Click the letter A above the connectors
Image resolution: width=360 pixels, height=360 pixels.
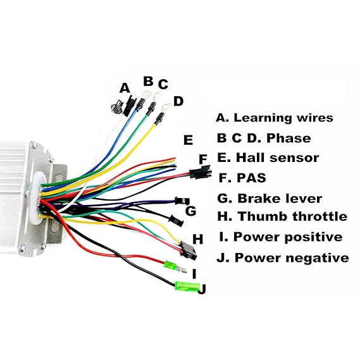[124, 87]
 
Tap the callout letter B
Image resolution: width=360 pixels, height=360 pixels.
[148, 81]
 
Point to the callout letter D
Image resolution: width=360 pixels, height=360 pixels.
[178, 101]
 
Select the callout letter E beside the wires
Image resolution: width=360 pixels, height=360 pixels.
[188, 140]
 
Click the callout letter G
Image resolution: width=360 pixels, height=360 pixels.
[190, 211]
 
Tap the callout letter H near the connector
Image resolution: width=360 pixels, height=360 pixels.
[197, 239]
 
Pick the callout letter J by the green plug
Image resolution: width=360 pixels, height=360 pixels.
[202, 289]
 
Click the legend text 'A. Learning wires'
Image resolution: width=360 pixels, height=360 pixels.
[275, 118]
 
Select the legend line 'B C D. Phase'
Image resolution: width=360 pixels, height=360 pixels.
[263, 138]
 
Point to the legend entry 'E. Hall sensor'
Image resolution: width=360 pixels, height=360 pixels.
[268, 158]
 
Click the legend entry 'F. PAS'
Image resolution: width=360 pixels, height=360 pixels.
[241, 177]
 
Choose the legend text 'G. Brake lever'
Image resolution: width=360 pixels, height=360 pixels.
[269, 198]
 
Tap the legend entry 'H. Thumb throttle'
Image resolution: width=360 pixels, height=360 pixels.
[282, 216]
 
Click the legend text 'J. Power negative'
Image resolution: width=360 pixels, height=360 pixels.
[282, 258]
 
